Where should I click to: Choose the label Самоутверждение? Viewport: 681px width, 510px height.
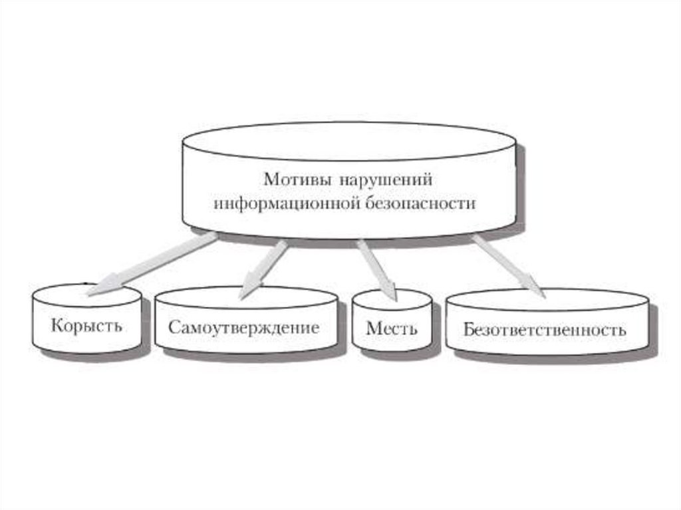tap(244, 328)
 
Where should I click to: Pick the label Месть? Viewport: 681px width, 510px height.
tap(392, 328)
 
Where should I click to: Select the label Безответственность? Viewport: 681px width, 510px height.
tap(545, 330)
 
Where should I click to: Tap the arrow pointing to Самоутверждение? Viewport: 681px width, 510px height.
tap(266, 266)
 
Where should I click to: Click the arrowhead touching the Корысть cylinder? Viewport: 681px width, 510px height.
tap(98, 288)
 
